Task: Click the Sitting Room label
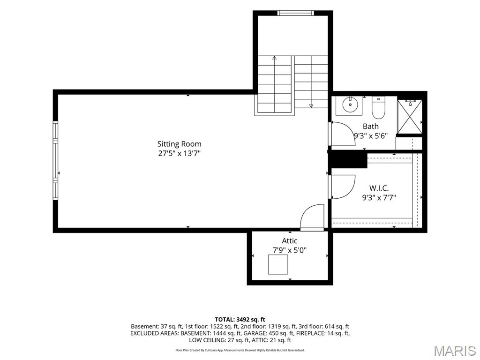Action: coord(180,144)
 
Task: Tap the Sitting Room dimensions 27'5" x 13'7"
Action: coord(180,153)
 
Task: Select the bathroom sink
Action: coord(349,105)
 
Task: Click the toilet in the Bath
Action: coord(378,108)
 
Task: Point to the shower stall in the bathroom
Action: coord(410,117)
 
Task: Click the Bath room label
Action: coord(371,126)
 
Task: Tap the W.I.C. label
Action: coord(379,188)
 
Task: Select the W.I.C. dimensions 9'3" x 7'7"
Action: coord(379,198)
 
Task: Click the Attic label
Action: coord(290,240)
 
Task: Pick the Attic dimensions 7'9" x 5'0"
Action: coord(290,250)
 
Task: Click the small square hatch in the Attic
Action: coord(278,264)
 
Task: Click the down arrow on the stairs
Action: coord(311,82)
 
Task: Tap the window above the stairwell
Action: coord(296,13)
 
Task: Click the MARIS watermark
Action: coord(456,351)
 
